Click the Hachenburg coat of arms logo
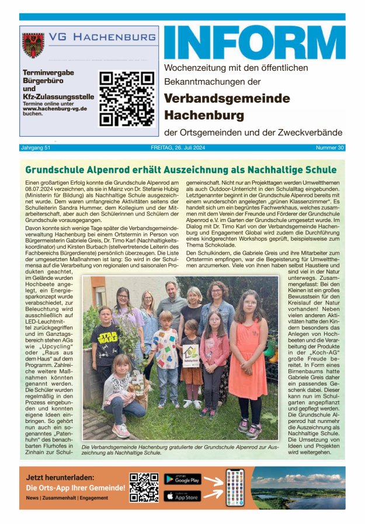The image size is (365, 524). pyautogui.click(x=33, y=45)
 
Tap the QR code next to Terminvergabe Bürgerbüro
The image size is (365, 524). pyautogui.click(x=126, y=98)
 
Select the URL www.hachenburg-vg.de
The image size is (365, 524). pyautogui.click(x=55, y=109)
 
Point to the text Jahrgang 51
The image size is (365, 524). pyautogui.click(x=36, y=148)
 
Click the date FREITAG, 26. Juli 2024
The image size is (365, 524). pyautogui.click(x=182, y=148)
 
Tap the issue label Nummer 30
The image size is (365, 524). pyautogui.click(x=330, y=148)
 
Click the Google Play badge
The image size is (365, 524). pyautogui.click(x=182, y=479)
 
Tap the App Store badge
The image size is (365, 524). pyautogui.click(x=182, y=496)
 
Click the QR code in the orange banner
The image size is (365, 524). pyautogui.click(x=144, y=487)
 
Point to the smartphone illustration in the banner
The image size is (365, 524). pyautogui.click(x=235, y=487)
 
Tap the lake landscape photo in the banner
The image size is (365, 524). pyautogui.click(x=298, y=487)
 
